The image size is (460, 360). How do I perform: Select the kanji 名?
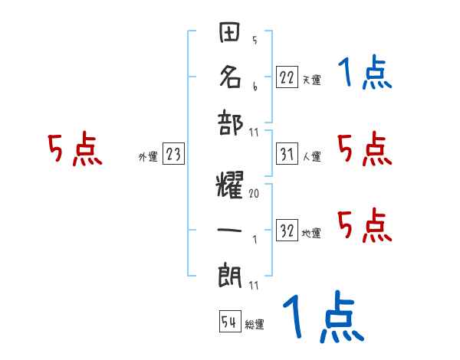[x=229, y=77]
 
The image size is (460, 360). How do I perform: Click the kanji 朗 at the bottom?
[x=229, y=271]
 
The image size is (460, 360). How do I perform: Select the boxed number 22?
[x=286, y=77]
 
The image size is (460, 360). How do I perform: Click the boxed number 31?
[x=286, y=154]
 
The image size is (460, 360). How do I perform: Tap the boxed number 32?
[x=287, y=231]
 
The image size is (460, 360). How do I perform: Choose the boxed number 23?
[x=173, y=155]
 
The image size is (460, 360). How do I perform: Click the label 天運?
[x=311, y=80]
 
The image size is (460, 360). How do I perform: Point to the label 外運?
[x=147, y=157]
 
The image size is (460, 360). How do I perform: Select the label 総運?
[x=255, y=325]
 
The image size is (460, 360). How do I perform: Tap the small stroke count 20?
[x=254, y=194]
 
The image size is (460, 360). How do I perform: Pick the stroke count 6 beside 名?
[x=254, y=86]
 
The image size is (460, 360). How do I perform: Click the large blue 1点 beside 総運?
[x=322, y=318]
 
